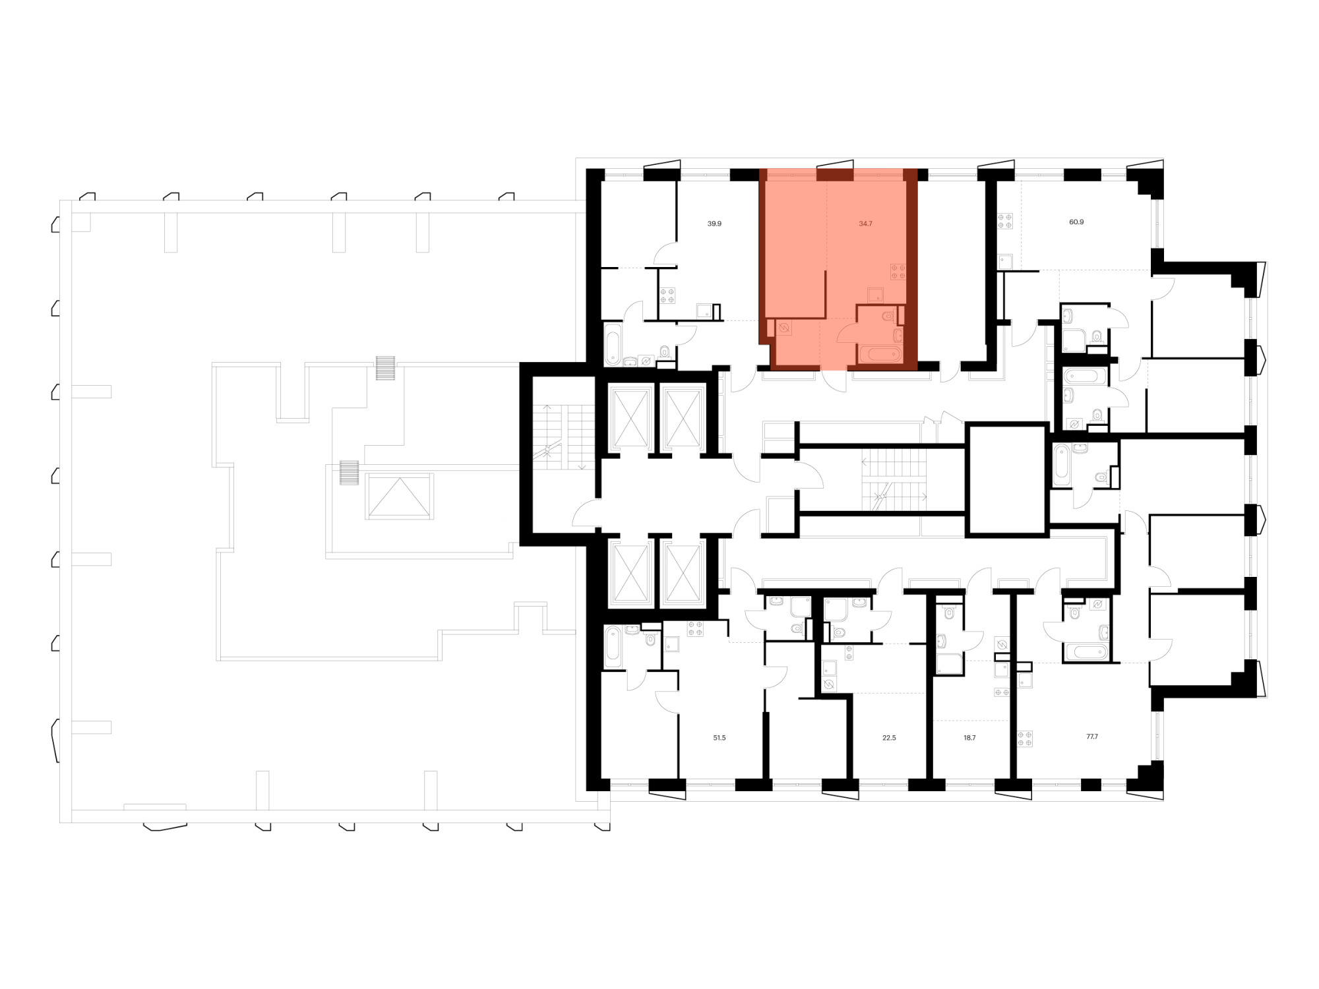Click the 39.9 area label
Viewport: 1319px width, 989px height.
point(714,224)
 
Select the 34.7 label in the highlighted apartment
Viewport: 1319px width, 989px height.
point(865,224)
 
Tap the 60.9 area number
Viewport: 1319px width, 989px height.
point(1076,222)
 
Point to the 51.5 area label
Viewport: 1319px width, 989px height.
point(720,738)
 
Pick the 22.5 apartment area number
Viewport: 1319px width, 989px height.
point(889,738)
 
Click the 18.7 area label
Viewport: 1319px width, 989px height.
point(969,738)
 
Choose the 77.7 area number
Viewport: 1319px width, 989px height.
point(1092,736)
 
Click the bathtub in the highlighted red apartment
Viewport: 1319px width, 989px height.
point(880,355)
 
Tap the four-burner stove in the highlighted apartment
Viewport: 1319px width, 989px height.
point(898,272)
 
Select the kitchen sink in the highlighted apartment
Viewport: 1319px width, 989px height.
point(876,295)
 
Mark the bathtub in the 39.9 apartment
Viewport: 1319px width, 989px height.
point(613,344)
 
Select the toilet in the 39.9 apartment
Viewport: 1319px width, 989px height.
point(664,351)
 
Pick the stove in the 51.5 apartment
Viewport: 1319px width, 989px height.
point(695,628)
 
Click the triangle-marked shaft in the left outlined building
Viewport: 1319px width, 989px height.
point(399,496)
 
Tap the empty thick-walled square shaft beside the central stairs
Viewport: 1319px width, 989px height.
point(1007,480)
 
